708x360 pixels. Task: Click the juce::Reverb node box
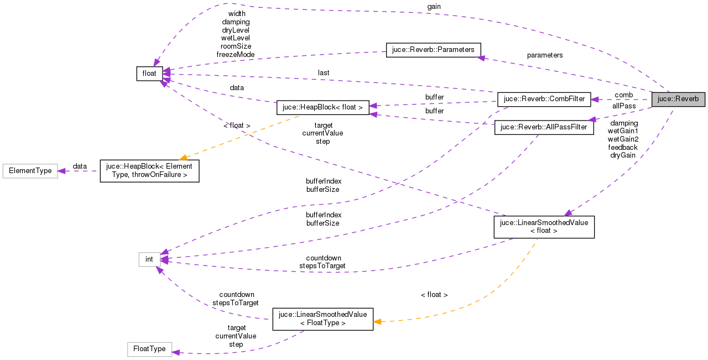click(x=678, y=100)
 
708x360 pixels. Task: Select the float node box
click(x=149, y=74)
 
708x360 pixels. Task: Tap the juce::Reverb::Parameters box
click(x=433, y=50)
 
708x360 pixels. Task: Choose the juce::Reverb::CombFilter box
click(x=544, y=100)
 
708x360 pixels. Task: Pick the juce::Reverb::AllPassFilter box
click(x=543, y=128)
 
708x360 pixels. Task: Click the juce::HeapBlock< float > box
click(x=322, y=107)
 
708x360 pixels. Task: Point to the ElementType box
click(x=30, y=171)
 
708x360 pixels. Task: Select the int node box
click(x=149, y=259)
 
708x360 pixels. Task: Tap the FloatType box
click(x=149, y=349)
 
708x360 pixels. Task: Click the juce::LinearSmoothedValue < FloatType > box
click(x=322, y=319)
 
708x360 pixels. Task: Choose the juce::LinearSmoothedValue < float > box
click(x=544, y=227)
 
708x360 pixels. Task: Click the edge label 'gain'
click(x=434, y=6)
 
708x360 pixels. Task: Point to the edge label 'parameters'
click(x=544, y=55)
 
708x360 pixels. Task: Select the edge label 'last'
click(x=324, y=73)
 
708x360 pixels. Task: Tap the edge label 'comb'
click(x=623, y=95)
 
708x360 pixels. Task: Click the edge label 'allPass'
click(x=623, y=106)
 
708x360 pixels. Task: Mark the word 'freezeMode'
click(x=236, y=55)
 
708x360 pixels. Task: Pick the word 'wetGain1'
click(x=623, y=131)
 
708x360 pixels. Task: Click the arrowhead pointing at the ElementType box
click(x=62, y=171)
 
